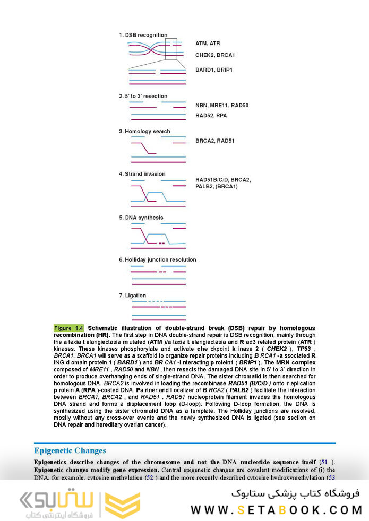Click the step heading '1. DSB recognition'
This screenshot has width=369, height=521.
tap(143, 35)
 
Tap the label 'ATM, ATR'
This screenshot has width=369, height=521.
tap(208, 43)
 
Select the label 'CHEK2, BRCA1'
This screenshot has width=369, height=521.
tap(215, 55)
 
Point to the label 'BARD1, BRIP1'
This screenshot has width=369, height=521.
tap(214, 70)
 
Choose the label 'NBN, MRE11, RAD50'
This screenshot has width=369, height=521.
tap(222, 105)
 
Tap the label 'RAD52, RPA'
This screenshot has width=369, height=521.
tap(211, 115)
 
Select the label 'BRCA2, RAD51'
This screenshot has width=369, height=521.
tap(215, 141)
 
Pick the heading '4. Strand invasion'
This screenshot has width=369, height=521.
tap(142, 173)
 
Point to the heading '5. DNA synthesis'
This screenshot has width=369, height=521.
tap(141, 218)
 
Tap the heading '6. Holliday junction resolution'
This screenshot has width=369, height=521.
tap(157, 259)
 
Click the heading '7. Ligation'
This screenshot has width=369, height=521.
tap(132, 295)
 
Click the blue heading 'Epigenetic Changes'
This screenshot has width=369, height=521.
tap(70, 451)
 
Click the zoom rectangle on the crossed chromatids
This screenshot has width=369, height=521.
tap(171, 49)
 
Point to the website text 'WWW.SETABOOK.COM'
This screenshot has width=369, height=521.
tap(276, 509)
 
